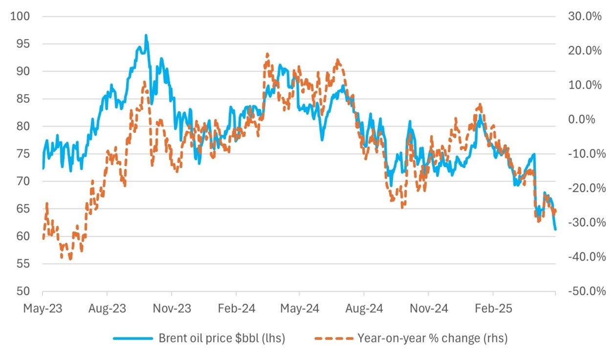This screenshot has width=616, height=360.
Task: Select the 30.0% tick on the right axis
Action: [x=585, y=17]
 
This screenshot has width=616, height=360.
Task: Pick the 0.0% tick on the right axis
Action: [x=587, y=119]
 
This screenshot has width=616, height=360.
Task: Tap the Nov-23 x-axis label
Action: [x=171, y=310]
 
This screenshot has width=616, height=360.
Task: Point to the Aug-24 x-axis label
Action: [x=363, y=310]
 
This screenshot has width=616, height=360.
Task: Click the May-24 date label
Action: [x=300, y=310]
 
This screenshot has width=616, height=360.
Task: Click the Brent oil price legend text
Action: [x=221, y=338]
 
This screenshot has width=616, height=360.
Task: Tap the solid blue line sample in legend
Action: [x=132, y=338]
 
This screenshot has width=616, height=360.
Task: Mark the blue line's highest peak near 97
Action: [x=146, y=35]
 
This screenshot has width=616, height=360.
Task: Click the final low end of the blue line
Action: [x=555, y=229]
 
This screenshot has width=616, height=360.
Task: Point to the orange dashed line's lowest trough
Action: [x=70, y=259]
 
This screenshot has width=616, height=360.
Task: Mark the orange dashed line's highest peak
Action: [x=267, y=54]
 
